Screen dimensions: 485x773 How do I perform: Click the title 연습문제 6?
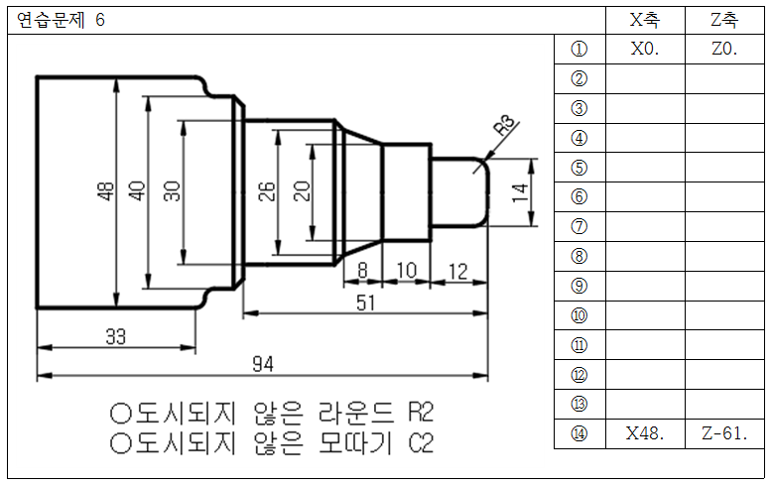[x=61, y=21]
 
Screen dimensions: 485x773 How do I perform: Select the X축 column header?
[x=645, y=21]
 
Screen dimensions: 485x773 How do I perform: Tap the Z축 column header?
[x=724, y=21]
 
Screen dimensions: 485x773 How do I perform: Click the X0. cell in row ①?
[x=645, y=50]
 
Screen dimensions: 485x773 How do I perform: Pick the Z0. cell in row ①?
[x=724, y=50]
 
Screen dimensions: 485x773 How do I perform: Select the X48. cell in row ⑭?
[x=645, y=434]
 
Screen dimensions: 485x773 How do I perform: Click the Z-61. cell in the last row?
[x=724, y=434]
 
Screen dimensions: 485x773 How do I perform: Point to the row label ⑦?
[x=580, y=227]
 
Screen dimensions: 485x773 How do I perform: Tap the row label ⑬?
[x=580, y=405]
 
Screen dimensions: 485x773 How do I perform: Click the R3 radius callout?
[x=505, y=126]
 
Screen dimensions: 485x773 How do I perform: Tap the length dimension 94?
[x=262, y=365]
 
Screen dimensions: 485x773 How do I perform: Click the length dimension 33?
[x=116, y=336]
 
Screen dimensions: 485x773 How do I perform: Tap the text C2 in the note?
[x=421, y=442]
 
